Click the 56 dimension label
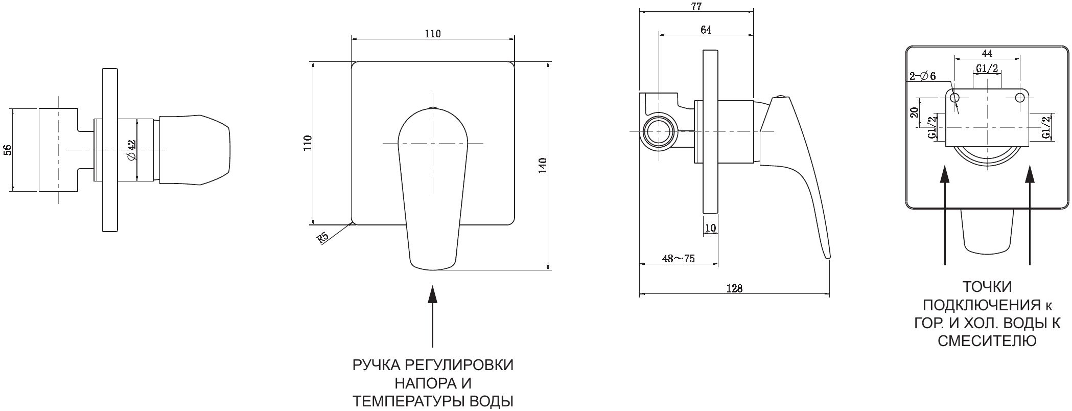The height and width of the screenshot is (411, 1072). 7,150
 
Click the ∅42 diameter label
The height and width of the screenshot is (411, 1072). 130,149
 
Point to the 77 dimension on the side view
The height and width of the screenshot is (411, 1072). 695,7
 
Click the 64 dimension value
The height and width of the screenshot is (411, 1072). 706,30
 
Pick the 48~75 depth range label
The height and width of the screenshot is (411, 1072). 678,259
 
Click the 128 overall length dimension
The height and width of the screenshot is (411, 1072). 734,288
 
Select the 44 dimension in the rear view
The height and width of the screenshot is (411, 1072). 987,53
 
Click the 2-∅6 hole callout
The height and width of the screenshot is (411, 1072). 922,77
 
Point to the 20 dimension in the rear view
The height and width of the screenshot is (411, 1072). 915,112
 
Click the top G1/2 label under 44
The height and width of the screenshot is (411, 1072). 987,69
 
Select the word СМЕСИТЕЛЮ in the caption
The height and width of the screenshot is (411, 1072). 987,341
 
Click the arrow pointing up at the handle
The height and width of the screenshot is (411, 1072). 433,317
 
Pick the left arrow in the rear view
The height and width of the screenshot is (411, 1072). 945,215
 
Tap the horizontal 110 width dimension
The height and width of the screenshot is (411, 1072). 432,34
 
